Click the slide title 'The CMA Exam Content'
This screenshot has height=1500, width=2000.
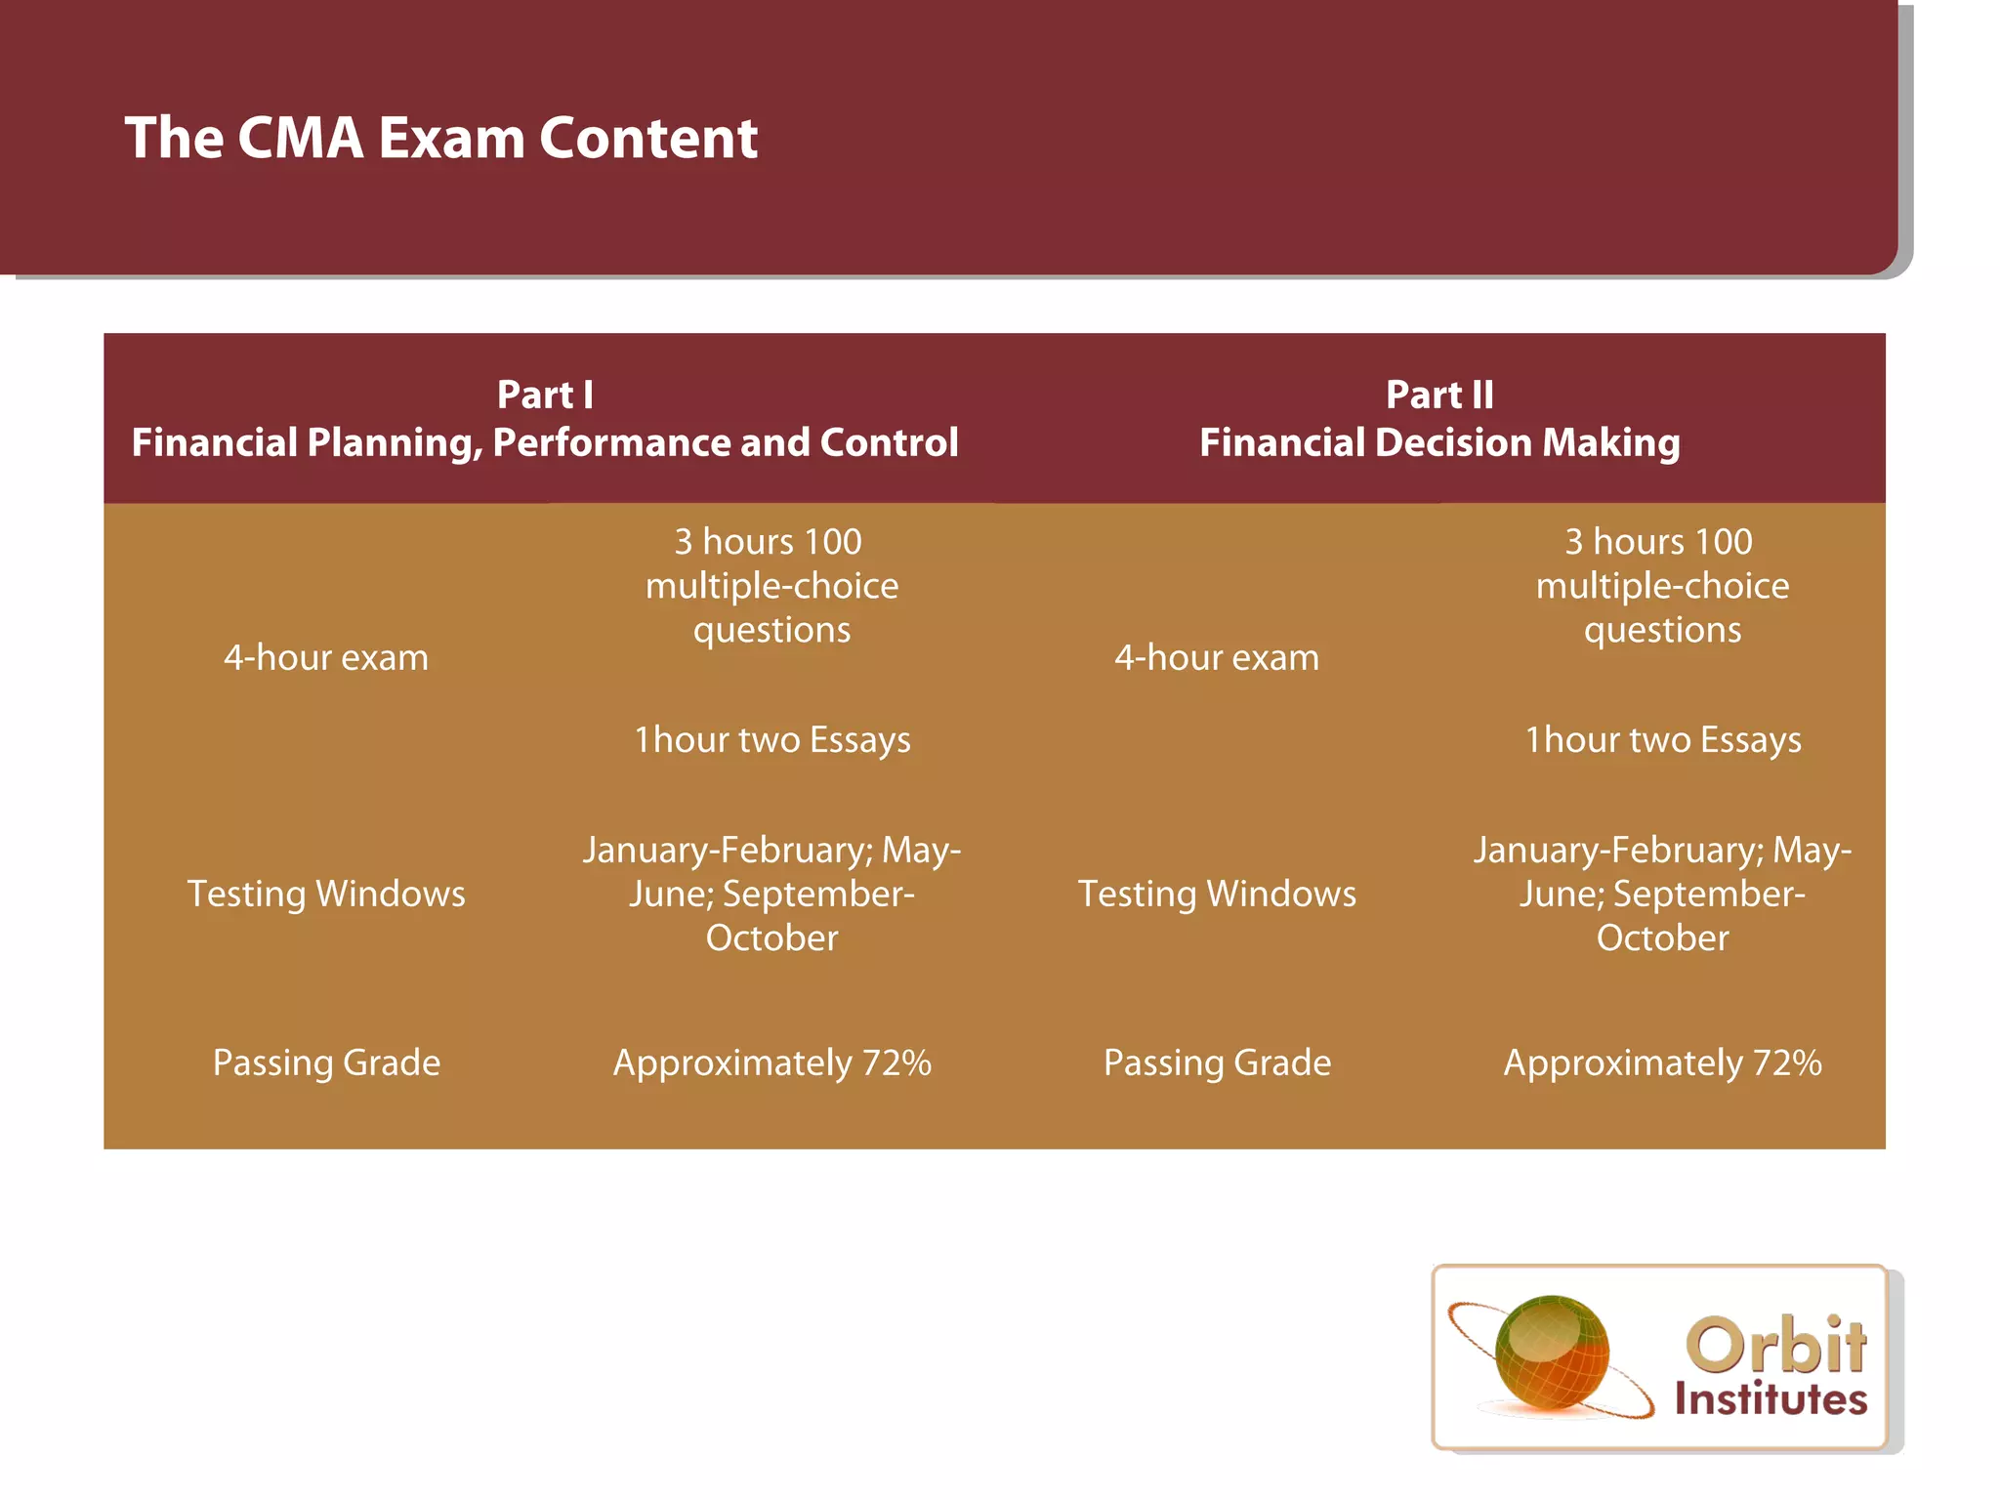(441, 138)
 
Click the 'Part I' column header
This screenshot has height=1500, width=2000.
(545, 395)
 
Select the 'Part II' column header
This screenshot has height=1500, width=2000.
(1439, 395)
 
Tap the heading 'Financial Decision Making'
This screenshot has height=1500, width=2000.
(1439, 443)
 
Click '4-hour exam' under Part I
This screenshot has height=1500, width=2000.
(326, 658)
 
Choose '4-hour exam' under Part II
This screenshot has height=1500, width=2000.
(1217, 658)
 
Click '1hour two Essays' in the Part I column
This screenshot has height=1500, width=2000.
(772, 740)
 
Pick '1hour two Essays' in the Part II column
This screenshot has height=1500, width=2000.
(1663, 740)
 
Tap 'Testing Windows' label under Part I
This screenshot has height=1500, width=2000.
(326, 895)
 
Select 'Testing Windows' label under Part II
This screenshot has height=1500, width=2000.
(1217, 895)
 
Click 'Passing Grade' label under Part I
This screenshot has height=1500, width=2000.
(326, 1062)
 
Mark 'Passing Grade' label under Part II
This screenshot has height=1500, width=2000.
(1217, 1062)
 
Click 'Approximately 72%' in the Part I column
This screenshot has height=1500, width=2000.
(772, 1062)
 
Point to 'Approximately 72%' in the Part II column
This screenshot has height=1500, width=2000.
(1663, 1062)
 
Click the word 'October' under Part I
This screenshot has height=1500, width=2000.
(772, 938)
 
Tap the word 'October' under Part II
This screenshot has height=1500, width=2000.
(1663, 938)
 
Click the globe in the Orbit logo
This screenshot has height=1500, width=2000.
(1552, 1353)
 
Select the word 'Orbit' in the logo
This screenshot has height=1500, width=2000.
(1775, 1346)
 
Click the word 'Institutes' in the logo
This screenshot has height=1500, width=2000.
(1771, 1399)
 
